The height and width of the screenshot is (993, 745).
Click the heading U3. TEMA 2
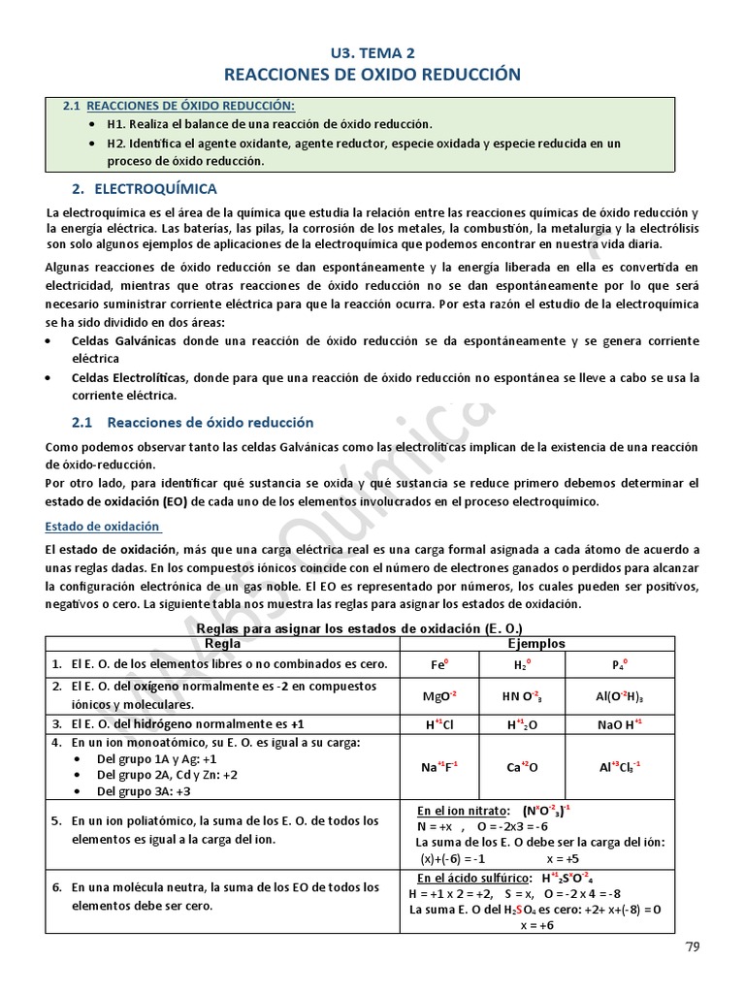(372, 53)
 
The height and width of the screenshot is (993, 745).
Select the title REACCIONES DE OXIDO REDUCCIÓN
(372, 75)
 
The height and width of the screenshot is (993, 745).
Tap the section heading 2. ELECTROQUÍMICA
(145, 188)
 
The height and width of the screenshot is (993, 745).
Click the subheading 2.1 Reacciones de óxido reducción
(193, 422)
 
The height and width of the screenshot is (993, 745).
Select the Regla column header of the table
(224, 644)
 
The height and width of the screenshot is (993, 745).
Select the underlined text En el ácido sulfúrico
(470, 879)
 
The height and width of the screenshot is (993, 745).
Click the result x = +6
(536, 925)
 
